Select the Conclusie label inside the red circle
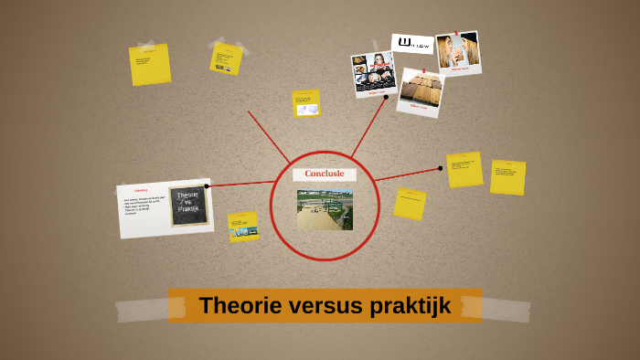tap(324, 174)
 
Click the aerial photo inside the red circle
tap(325, 208)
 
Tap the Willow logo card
tap(412, 44)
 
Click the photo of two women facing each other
tap(457, 53)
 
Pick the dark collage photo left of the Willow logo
tap(373, 72)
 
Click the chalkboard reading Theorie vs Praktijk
tap(187, 205)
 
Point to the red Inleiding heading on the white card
tap(141, 190)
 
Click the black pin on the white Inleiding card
tap(208, 186)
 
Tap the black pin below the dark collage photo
tap(386, 97)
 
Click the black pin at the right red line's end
tap(441, 167)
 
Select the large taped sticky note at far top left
tap(150, 65)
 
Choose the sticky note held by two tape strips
tap(225, 58)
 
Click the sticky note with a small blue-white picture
tap(306, 104)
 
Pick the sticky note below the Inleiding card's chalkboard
tap(243, 227)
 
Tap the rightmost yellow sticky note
tap(507, 177)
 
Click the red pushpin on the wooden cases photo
tap(423, 70)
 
